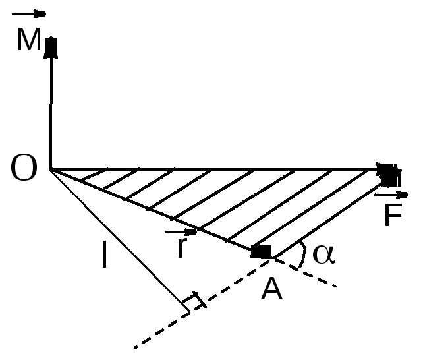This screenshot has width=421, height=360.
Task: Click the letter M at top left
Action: [x=29, y=39]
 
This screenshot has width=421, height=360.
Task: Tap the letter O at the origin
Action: [x=24, y=167]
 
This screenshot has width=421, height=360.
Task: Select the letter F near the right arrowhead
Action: [x=393, y=215]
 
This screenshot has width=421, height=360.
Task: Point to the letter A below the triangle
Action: [x=271, y=289]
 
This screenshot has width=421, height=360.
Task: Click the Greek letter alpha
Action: [x=324, y=254]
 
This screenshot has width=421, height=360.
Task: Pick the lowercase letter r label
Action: [x=182, y=247]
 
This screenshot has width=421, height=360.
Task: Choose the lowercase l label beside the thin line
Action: [x=105, y=254]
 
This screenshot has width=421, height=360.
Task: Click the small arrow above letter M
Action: [x=29, y=14]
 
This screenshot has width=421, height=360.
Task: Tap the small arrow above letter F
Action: [x=391, y=195]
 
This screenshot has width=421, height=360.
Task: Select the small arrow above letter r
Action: [x=181, y=232]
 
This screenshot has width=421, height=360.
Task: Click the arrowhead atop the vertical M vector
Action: [x=51, y=47]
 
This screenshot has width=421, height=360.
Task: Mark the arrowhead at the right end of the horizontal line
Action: [x=389, y=175]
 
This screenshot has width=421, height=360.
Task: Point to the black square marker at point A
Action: [x=261, y=252]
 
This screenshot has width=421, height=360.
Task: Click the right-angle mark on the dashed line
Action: [x=194, y=300]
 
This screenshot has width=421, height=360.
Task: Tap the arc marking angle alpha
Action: [x=303, y=254]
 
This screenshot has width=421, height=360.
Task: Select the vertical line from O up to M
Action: [x=51, y=113]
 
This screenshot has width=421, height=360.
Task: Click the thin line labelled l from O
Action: [x=120, y=241]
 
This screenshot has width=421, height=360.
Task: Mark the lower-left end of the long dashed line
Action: [x=135, y=347]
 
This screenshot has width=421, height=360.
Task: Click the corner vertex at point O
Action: [x=51, y=170]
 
